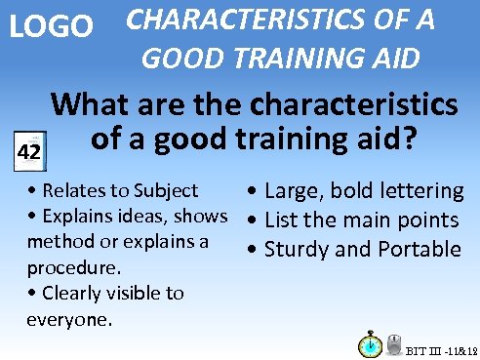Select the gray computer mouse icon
coord(395,345)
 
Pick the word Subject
coord(166,190)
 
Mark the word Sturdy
coord(298,249)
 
